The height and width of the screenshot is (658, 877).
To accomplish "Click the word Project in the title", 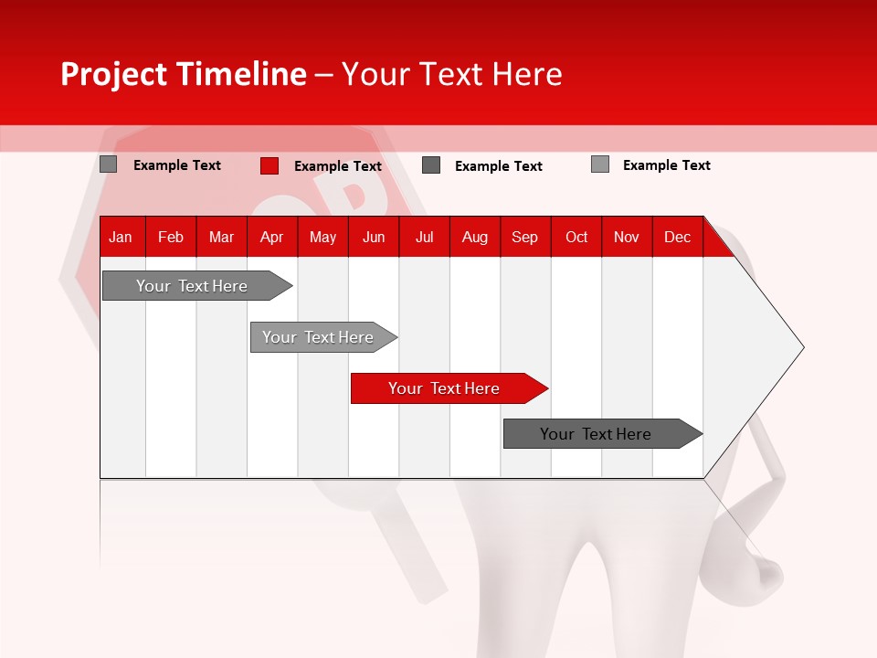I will click(x=110, y=74).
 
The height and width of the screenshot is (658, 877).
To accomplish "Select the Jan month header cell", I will click(x=121, y=237).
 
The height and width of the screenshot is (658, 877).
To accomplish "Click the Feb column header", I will click(x=171, y=237).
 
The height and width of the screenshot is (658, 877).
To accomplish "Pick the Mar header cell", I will click(x=221, y=237).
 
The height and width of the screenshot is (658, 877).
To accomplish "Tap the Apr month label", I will click(x=272, y=237).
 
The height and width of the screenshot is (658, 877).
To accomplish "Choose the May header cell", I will click(x=322, y=237).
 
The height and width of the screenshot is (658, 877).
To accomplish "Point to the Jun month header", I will click(x=374, y=237).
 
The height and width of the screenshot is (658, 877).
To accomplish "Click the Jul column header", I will click(x=424, y=237).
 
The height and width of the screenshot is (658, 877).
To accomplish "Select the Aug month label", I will click(x=475, y=237).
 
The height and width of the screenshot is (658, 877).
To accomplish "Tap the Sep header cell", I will click(x=525, y=237).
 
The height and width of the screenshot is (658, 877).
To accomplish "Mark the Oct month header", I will click(x=576, y=237).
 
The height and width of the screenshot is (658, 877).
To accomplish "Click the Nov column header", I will click(x=627, y=237).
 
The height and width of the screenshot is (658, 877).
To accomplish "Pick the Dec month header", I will click(x=678, y=237).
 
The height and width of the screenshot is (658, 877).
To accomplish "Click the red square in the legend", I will click(x=269, y=165).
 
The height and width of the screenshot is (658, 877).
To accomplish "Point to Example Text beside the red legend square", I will click(x=338, y=166).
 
